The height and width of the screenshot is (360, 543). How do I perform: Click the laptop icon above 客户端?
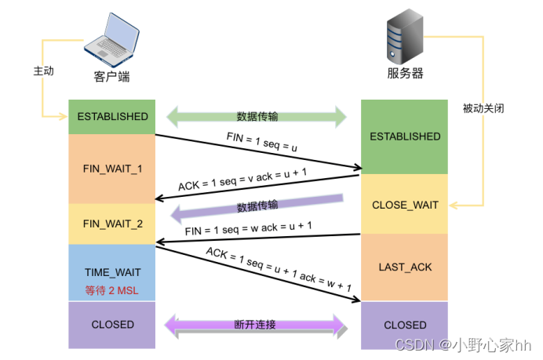[x=111, y=40]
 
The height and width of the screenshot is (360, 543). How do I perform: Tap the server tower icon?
[x=405, y=36]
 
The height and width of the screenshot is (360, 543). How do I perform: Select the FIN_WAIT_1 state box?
[x=112, y=169]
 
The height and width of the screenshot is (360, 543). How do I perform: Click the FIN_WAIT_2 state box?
[x=112, y=224]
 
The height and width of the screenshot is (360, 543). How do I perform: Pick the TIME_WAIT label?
[x=113, y=272]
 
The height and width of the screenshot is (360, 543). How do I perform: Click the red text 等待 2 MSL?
[x=112, y=290]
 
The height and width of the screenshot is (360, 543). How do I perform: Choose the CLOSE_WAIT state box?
[x=404, y=204]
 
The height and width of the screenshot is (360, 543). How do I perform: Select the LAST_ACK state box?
[x=404, y=267]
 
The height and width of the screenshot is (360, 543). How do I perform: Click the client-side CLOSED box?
[x=112, y=325]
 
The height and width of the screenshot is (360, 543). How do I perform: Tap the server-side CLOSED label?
[x=405, y=325]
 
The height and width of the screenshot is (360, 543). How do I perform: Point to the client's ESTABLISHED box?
[x=112, y=117]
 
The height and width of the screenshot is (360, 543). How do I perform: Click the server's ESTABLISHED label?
[x=405, y=136]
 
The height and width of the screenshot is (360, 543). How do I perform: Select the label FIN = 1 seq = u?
[x=262, y=142]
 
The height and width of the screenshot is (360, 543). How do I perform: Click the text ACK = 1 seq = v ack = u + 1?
[x=242, y=180]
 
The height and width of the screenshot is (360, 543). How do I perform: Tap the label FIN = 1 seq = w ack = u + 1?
[x=248, y=228]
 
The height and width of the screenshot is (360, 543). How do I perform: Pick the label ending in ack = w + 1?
[x=279, y=269]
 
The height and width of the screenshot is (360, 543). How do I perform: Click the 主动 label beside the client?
[x=44, y=71]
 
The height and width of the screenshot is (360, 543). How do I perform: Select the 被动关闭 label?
[x=483, y=108]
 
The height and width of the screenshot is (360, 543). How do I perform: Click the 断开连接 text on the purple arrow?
[x=255, y=325]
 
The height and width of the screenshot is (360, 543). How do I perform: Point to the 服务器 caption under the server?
[x=405, y=74]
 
